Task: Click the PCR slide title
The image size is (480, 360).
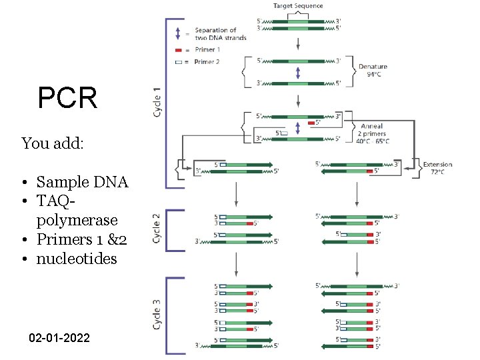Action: click(x=67, y=99)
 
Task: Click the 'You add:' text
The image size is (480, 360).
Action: click(x=53, y=143)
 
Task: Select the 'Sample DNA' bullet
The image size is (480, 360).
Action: click(x=81, y=182)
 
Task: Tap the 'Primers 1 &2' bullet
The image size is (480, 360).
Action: click(x=81, y=239)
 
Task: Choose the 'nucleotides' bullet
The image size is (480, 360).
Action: click(x=76, y=259)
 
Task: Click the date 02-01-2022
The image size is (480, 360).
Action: click(x=59, y=339)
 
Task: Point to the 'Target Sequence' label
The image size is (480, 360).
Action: click(x=298, y=6)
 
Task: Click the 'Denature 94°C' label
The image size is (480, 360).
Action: click(x=373, y=71)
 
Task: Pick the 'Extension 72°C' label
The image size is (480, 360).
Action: click(x=437, y=168)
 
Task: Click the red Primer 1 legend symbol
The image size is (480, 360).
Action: click(x=179, y=50)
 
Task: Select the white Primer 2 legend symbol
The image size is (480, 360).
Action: click(x=179, y=61)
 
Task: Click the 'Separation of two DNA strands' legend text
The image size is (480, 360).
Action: click(x=220, y=34)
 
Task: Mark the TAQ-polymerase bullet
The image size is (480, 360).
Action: click(x=77, y=211)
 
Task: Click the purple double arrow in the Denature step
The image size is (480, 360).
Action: click(x=298, y=72)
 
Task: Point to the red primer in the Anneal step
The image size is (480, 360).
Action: click(x=311, y=123)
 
